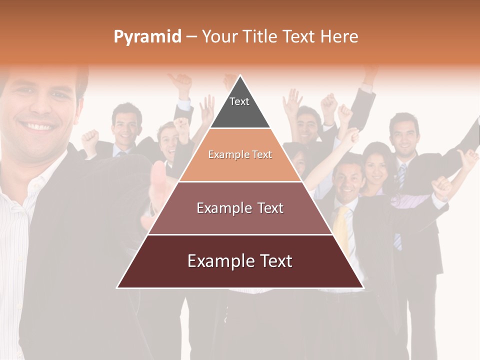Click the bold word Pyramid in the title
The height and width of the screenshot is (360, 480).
(147, 37)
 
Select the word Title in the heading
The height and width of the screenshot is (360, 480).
(261, 37)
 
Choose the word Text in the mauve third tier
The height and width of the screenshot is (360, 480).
(267, 208)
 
